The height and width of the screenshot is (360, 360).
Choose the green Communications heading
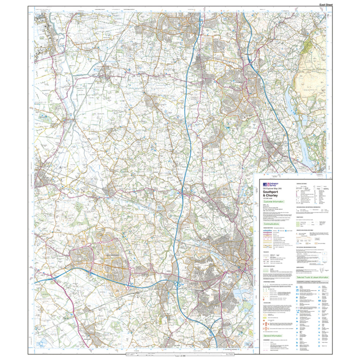[x=271, y=224]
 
